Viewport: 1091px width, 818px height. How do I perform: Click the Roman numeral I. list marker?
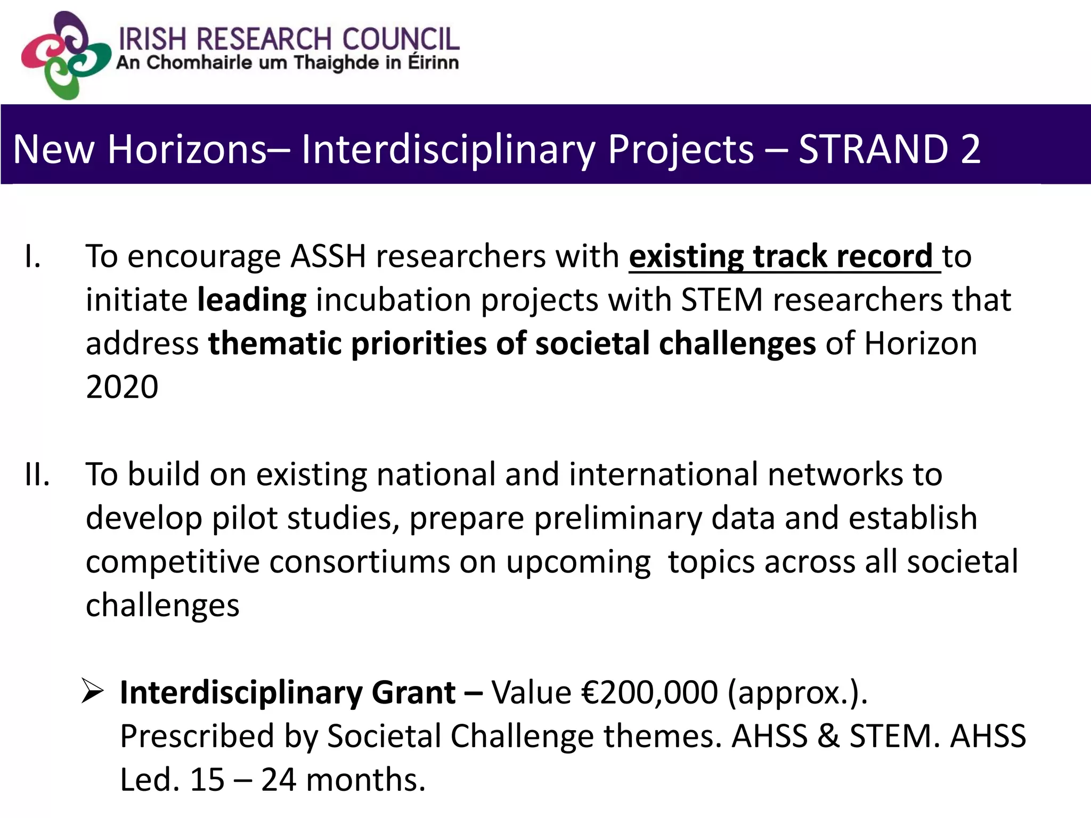point(32,257)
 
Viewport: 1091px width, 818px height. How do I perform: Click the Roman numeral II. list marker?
point(37,475)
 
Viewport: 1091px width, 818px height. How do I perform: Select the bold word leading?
point(251,300)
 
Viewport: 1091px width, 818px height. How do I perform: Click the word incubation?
point(394,300)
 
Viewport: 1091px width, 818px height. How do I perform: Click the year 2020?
point(122,387)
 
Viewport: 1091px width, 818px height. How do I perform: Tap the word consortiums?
point(360,562)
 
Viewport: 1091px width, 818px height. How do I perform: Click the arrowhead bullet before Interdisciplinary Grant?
point(92,692)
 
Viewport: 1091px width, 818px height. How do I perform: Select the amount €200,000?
point(649,693)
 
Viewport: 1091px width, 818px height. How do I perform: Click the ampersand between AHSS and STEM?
point(828,737)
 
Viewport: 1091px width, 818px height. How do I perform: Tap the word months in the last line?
point(365,780)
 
